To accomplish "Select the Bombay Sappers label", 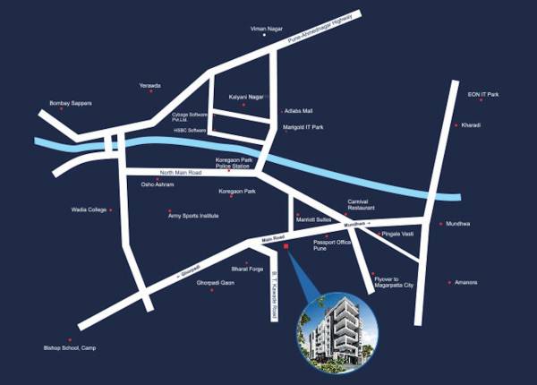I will point(46,103).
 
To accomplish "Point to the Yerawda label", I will point(149,85).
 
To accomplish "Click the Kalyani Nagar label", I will point(245,95).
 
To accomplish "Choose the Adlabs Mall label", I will point(297,111).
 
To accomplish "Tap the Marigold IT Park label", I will point(303,127).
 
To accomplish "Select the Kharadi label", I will point(472,124).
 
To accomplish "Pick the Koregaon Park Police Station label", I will point(234,163).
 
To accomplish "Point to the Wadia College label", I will point(89,210).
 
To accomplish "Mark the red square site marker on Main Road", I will point(286,245).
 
